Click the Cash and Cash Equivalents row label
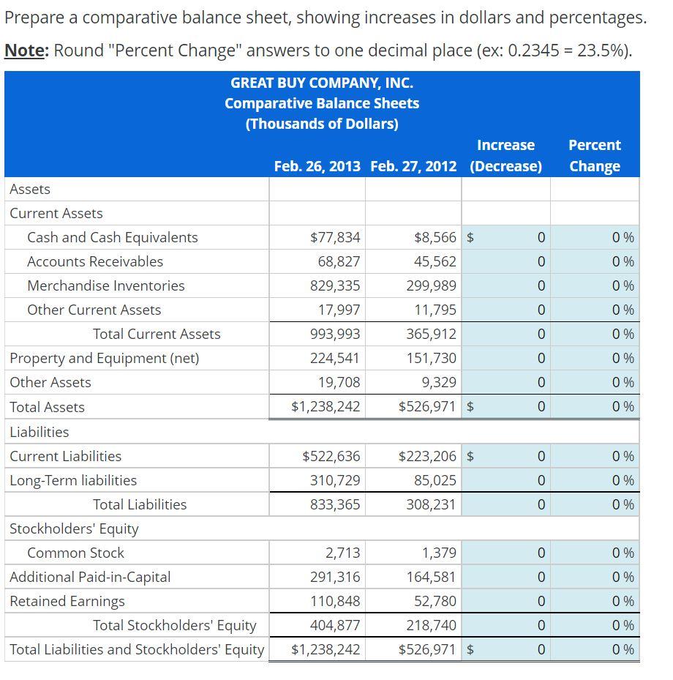[112, 237]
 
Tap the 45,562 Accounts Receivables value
[435, 261]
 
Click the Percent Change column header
[594, 155]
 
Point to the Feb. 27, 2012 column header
[413, 166]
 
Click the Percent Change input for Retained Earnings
[594, 601]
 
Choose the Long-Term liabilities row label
[73, 480]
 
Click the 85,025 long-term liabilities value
[435, 480]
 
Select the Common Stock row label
[75, 553]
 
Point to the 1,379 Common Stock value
[439, 553]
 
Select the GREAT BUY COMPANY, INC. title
[322, 83]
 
